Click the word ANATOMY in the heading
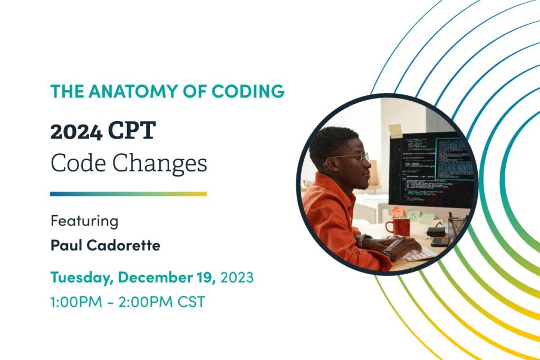pyautogui.click(x=133, y=91)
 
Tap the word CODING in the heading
pyautogui.click(x=248, y=91)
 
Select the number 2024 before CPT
pyautogui.click(x=76, y=132)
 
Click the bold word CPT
pyautogui.click(x=132, y=130)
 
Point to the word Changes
pyautogui.click(x=160, y=164)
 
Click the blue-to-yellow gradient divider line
pyautogui.click(x=128, y=194)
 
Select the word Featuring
pyautogui.click(x=84, y=221)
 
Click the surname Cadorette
pyautogui.click(x=123, y=246)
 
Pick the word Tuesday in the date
pyautogui.click(x=82, y=277)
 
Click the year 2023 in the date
pyautogui.click(x=237, y=277)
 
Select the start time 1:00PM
pyautogui.click(x=76, y=302)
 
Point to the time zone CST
pyautogui.click(x=191, y=302)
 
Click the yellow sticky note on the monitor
pyautogui.click(x=396, y=131)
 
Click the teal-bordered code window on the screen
pyautogui.click(x=454, y=159)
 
